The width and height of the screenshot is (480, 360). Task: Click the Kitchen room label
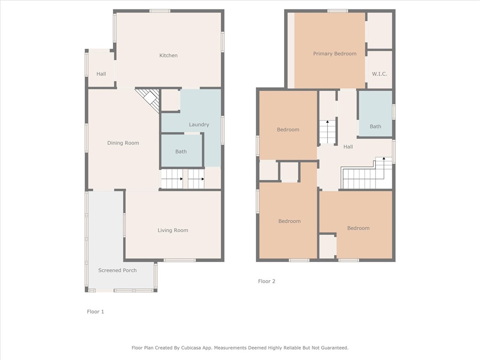pyautogui.click(x=168, y=55)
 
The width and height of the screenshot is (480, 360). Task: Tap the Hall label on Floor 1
pyautogui.click(x=101, y=74)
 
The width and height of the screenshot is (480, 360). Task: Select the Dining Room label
pyautogui.click(x=123, y=143)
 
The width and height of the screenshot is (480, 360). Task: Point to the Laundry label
pyautogui.click(x=199, y=125)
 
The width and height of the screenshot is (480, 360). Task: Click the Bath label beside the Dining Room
pyautogui.click(x=181, y=151)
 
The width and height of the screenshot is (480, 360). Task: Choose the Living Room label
pyautogui.click(x=172, y=230)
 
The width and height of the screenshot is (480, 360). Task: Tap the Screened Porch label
pyautogui.click(x=117, y=270)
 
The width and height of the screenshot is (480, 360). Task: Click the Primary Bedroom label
pyautogui.click(x=335, y=53)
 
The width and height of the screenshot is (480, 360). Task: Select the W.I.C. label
pyautogui.click(x=379, y=74)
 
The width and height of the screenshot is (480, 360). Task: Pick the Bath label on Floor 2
pyautogui.click(x=375, y=126)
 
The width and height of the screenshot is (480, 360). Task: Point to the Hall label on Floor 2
pyautogui.click(x=348, y=147)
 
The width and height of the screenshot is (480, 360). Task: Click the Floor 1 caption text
pyautogui.click(x=96, y=311)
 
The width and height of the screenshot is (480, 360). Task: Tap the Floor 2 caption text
pyautogui.click(x=267, y=281)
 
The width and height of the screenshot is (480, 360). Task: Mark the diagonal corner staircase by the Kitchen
pyautogui.click(x=149, y=98)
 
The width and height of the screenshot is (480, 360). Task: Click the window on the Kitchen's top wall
pyautogui.click(x=160, y=11)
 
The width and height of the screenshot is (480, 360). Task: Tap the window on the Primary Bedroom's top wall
pyautogui.click(x=337, y=11)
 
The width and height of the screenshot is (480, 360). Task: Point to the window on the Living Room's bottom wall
pyautogui.click(x=180, y=260)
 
